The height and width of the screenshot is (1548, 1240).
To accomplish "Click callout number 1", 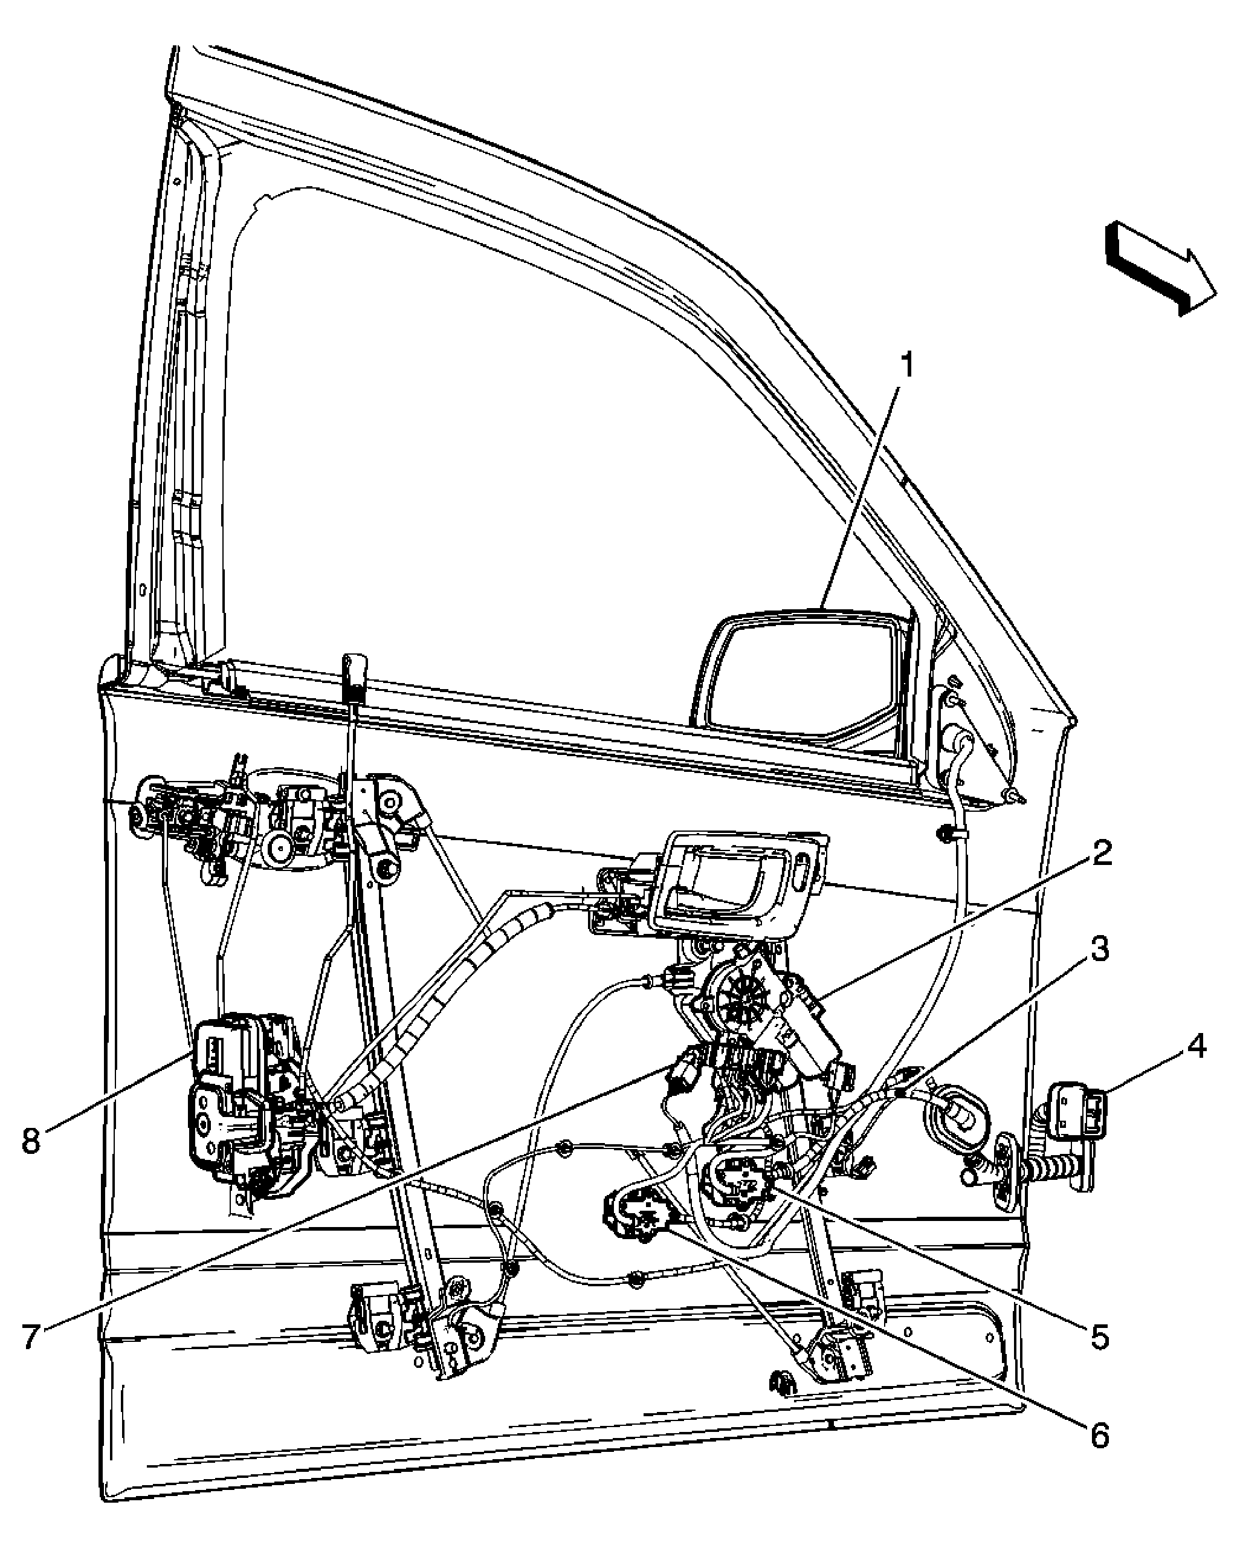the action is click(x=909, y=366).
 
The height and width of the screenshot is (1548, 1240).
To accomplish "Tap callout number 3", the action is click(x=1099, y=949).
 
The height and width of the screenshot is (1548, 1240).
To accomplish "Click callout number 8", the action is click(x=30, y=1140).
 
